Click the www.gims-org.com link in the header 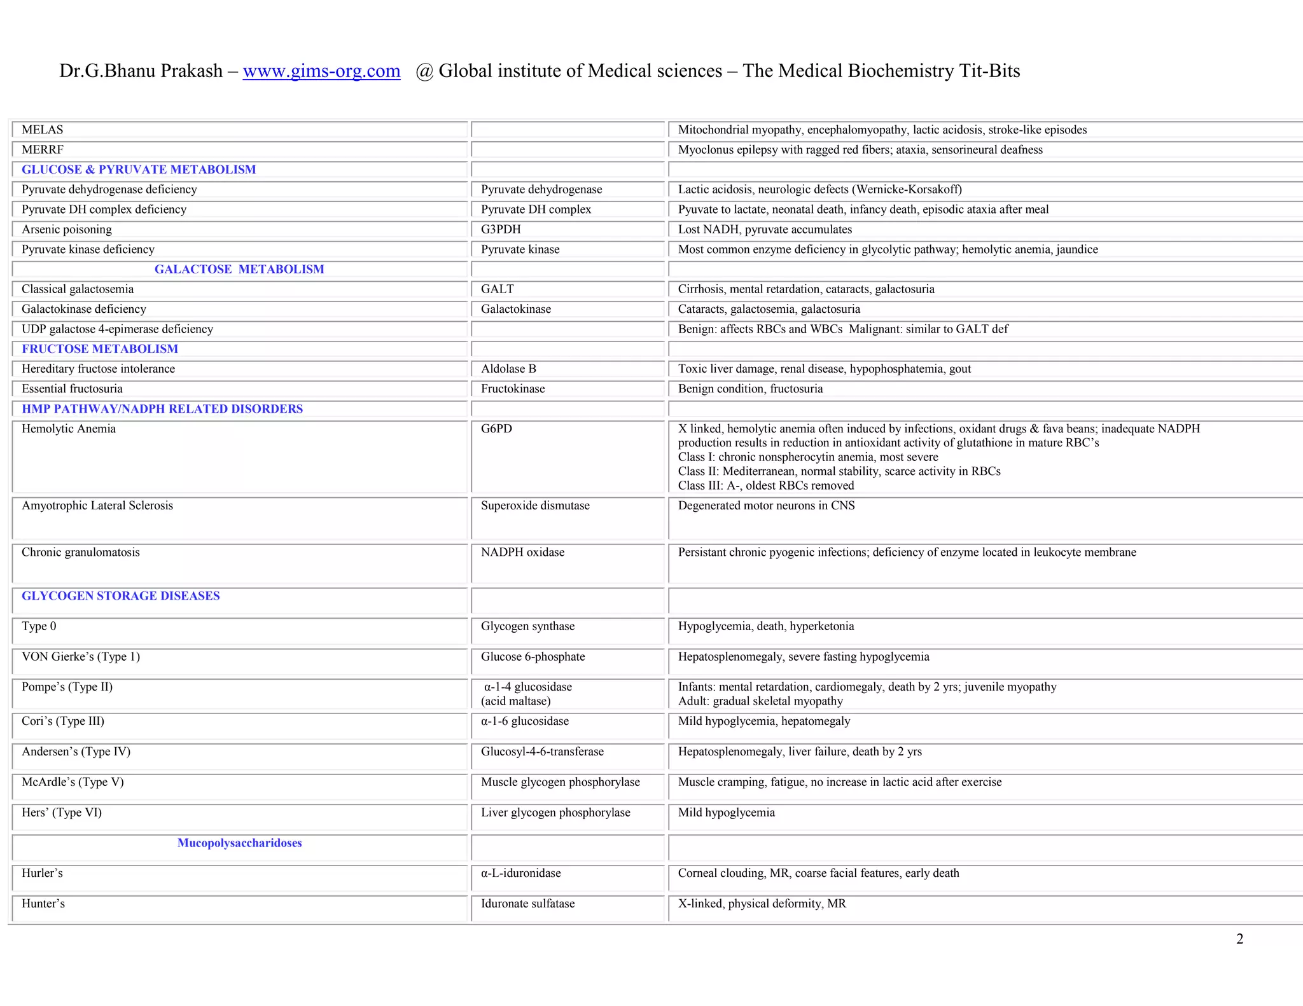coord(321,71)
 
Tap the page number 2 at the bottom coord(1239,939)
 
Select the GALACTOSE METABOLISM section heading coord(239,269)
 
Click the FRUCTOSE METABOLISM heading coord(100,348)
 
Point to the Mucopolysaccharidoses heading coord(239,843)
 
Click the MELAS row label coord(43,130)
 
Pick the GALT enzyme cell coord(497,289)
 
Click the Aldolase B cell coord(508,369)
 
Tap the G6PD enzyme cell coord(496,429)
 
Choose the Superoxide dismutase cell coord(535,506)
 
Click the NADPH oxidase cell coord(522,552)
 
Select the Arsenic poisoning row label coord(67,230)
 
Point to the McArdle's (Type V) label coord(73,782)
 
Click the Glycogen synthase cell coord(527,626)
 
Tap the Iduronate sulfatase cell coord(527,904)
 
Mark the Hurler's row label coord(42,873)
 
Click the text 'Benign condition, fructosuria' coord(750,389)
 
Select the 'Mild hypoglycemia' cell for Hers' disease coord(726,813)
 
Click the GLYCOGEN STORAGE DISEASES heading coord(121,596)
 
